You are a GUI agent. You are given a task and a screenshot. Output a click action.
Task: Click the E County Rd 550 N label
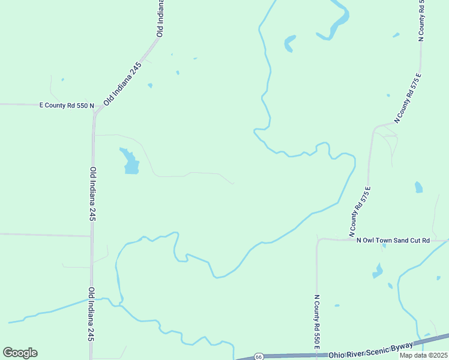(67, 106)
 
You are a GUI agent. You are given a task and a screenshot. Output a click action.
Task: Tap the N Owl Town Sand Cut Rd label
(393, 241)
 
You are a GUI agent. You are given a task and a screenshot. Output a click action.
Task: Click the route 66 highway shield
(258, 356)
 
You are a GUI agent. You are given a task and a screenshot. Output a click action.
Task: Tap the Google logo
(20, 353)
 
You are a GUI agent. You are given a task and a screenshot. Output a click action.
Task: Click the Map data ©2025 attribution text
(423, 355)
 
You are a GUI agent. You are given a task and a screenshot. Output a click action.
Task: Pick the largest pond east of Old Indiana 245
(130, 161)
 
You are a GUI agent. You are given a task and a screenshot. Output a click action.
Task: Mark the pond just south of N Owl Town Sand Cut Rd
(377, 271)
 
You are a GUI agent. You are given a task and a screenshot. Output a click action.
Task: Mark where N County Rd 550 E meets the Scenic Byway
(317, 355)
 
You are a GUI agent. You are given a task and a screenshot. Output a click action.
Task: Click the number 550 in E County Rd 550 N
(80, 106)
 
